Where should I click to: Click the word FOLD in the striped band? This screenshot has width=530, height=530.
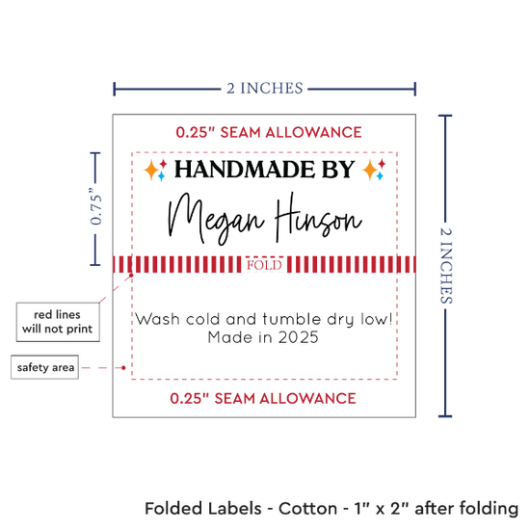(264, 265)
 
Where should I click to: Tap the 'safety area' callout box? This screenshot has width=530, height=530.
(45, 367)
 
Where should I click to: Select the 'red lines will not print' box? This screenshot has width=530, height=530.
(58, 322)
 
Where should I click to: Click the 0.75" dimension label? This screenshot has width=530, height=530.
(96, 206)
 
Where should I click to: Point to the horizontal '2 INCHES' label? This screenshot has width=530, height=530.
(265, 89)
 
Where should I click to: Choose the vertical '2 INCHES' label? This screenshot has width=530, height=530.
(446, 266)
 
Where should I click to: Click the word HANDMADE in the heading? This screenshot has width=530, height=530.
(245, 170)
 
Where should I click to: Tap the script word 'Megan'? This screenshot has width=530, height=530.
(216, 219)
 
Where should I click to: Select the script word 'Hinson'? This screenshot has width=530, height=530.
(319, 217)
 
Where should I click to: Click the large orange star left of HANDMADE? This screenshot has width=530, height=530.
(151, 170)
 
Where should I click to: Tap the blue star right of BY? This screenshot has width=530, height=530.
(380, 176)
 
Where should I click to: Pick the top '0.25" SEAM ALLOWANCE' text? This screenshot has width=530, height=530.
(269, 132)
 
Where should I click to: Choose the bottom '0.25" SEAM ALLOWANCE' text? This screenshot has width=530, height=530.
(263, 399)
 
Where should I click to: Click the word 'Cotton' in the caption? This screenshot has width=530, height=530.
(307, 509)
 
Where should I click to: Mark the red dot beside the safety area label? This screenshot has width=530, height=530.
(123, 367)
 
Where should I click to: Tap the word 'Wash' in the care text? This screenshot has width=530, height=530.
(157, 319)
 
